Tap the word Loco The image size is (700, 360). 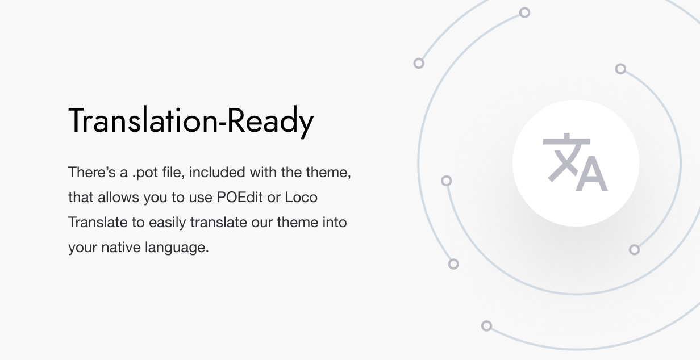301,197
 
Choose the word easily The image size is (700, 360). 168,223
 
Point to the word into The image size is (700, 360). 335,222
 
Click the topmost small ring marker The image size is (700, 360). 525,12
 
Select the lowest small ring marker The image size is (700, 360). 486,326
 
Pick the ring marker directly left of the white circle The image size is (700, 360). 447,181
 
